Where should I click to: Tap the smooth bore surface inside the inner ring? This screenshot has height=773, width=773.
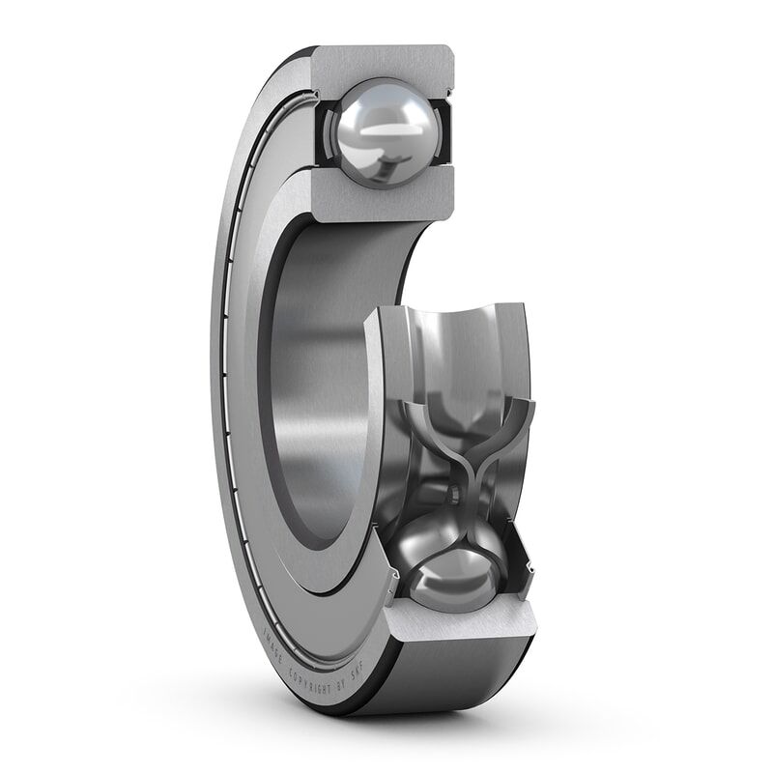[x=319, y=386]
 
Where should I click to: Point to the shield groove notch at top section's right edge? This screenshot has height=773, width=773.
[x=448, y=93]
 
